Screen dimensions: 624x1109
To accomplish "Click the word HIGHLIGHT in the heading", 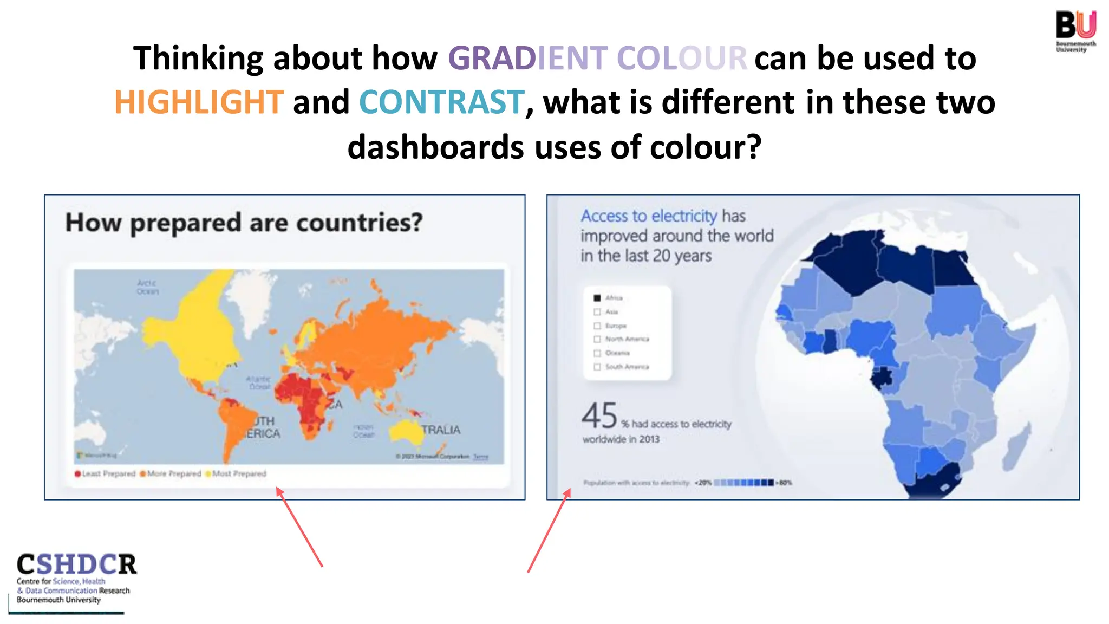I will pyautogui.click(x=199, y=102).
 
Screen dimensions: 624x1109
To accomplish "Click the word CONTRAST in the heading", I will pyautogui.click(x=441, y=102).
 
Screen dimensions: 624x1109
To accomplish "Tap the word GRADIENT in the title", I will pyautogui.click(x=528, y=58).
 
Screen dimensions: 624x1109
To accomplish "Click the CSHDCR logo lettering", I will pyautogui.click(x=76, y=564).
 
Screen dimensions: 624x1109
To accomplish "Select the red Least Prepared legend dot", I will pyautogui.click(x=78, y=474).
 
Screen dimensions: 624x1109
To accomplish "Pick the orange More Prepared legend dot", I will pyautogui.click(x=143, y=474).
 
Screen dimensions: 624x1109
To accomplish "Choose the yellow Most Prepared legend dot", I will pyautogui.click(x=208, y=474).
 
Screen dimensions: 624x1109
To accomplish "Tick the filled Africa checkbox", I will pyautogui.click(x=597, y=298).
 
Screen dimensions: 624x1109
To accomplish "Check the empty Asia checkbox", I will pyautogui.click(x=597, y=312).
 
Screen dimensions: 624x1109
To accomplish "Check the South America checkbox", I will pyautogui.click(x=597, y=367).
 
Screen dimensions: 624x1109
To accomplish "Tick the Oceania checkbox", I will pyautogui.click(x=597, y=353).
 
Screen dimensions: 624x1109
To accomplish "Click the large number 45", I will pyautogui.click(x=599, y=416).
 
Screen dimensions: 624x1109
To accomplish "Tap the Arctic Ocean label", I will pyautogui.click(x=147, y=287).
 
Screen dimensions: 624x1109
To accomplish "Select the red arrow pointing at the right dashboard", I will pyautogui.click(x=549, y=531).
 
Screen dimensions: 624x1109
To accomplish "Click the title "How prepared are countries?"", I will pyautogui.click(x=244, y=223).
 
